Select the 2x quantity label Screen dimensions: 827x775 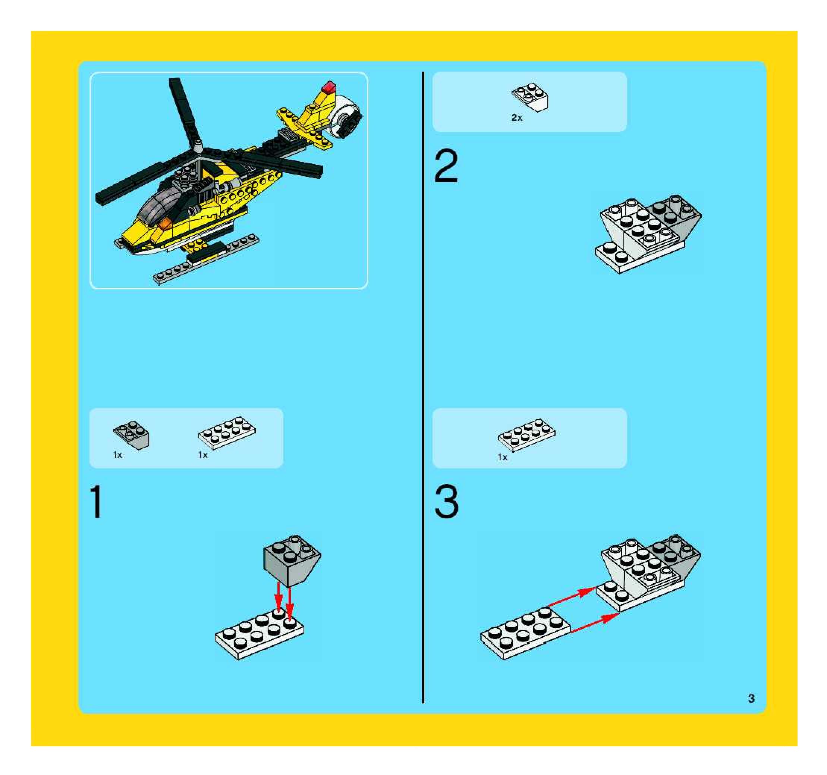point(517,118)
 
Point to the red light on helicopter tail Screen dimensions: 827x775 point(329,87)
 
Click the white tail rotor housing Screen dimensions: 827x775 point(346,116)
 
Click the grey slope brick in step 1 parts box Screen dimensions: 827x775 point(132,435)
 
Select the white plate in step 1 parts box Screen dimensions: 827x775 point(227,433)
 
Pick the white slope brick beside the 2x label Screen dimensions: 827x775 point(529,98)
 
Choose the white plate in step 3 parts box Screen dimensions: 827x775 point(526,435)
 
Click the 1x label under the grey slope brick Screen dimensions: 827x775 point(118,455)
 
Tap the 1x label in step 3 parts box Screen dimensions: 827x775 point(503,457)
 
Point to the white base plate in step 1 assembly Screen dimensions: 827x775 point(259,633)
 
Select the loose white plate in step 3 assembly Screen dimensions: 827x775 point(525,633)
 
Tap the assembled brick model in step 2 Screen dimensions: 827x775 point(648,234)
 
